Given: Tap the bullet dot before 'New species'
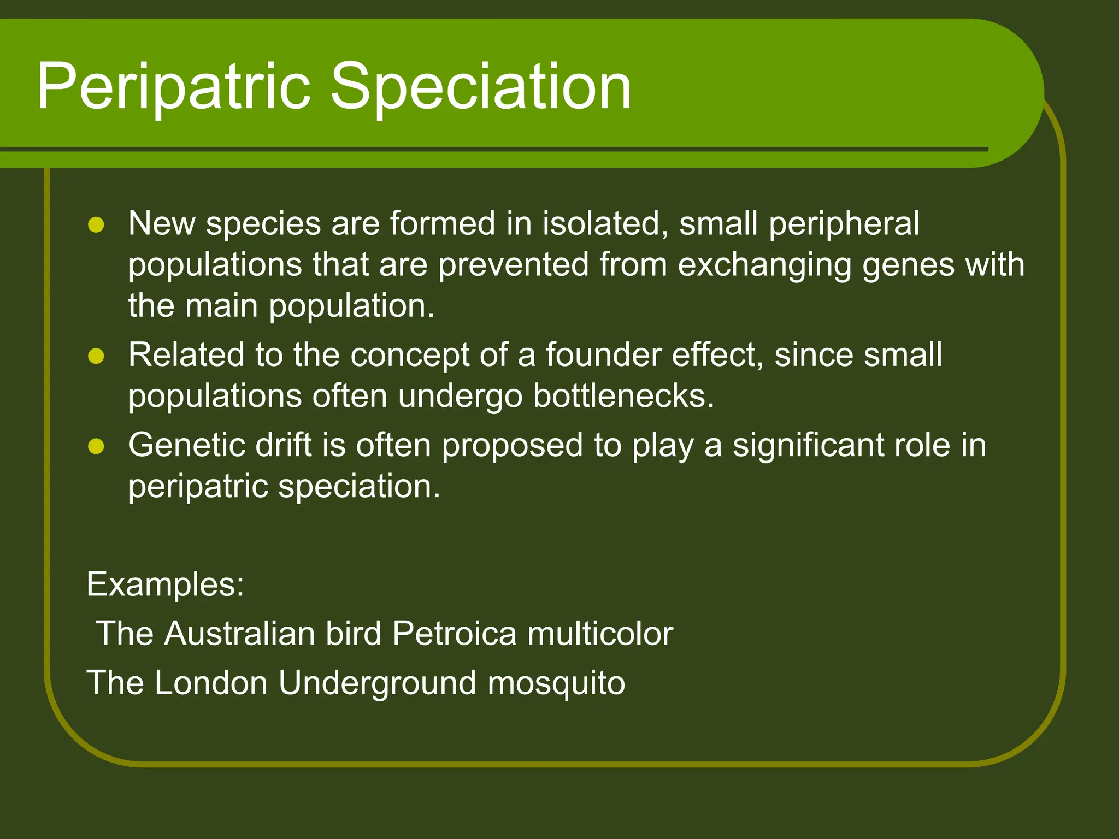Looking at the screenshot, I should [x=96, y=225].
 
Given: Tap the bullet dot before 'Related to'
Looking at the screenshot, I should [x=96, y=356].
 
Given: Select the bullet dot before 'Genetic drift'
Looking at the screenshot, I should [x=96, y=446].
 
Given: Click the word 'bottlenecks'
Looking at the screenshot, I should [x=623, y=396].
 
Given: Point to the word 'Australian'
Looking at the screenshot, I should [x=240, y=634].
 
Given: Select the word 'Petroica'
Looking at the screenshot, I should [x=454, y=634].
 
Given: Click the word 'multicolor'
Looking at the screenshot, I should [x=600, y=634].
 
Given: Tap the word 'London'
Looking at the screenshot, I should [x=211, y=683].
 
